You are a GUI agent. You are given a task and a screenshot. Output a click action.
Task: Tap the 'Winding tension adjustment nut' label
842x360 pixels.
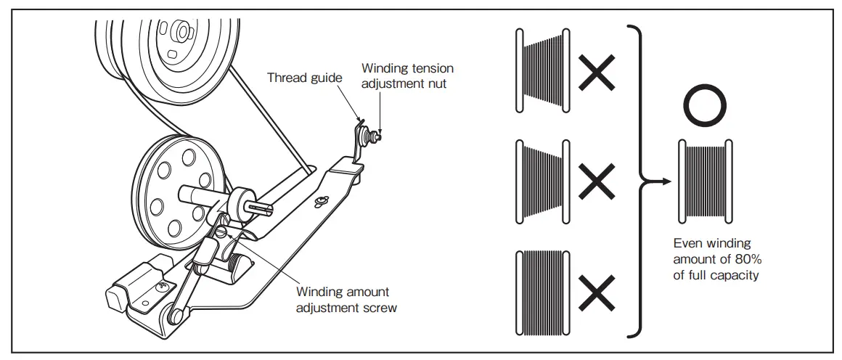point(408,75)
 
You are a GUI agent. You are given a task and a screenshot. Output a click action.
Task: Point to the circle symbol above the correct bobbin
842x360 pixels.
point(704,107)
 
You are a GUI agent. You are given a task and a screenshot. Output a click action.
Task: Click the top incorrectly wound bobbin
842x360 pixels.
point(543,71)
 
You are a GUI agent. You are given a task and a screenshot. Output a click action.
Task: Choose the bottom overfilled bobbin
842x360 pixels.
point(543,293)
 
